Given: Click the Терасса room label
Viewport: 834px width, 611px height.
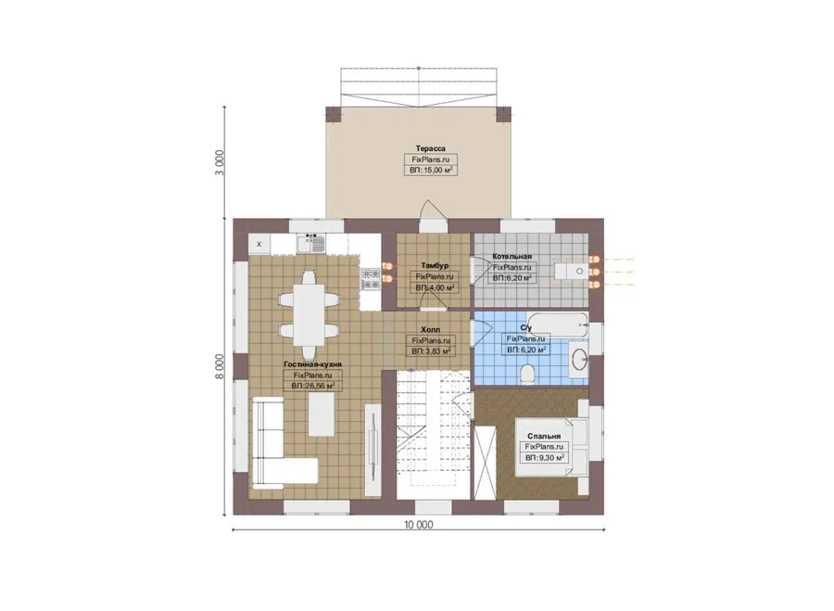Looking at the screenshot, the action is point(430,148).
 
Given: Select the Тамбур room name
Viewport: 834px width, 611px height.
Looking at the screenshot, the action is point(435,265).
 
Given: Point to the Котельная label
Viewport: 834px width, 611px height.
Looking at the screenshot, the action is point(512,257).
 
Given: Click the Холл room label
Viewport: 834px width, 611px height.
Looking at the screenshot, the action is point(430,329).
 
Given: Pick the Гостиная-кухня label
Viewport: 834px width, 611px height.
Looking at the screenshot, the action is point(313,364).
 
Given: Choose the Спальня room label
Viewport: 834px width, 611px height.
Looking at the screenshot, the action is point(544,436).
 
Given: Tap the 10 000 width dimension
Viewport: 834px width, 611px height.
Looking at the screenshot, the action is point(419,525).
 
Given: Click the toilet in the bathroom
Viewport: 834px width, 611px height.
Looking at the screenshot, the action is point(527,373).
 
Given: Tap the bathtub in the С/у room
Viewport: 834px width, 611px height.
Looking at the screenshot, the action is point(558,325).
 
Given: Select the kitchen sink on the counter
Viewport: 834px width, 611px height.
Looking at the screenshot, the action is point(310,244).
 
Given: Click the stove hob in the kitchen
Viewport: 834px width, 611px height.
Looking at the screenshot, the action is point(371,279).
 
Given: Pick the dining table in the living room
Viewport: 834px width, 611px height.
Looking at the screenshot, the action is point(309,314).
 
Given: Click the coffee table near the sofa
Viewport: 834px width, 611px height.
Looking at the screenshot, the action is point(322,414).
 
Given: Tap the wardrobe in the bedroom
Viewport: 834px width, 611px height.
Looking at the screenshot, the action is point(485,462).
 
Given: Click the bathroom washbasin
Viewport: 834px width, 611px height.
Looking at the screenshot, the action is point(578,359).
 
